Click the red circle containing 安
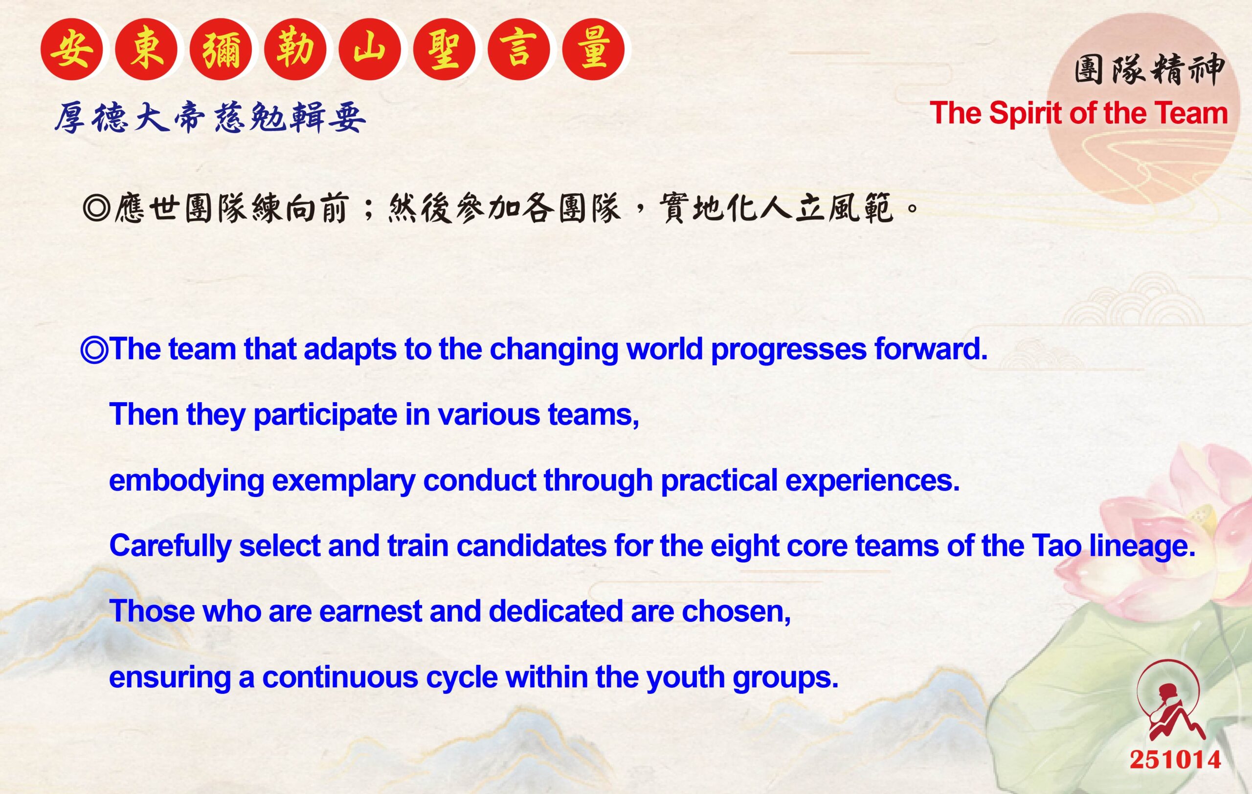click(x=72, y=49)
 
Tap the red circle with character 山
click(x=370, y=49)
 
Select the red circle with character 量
click(x=593, y=49)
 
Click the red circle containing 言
click(x=519, y=49)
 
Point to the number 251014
click(x=1175, y=760)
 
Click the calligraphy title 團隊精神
click(x=1149, y=70)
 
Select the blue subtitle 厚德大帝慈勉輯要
click(x=210, y=117)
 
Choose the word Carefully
click(x=170, y=546)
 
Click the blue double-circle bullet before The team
click(x=94, y=349)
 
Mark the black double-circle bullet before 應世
click(x=97, y=208)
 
